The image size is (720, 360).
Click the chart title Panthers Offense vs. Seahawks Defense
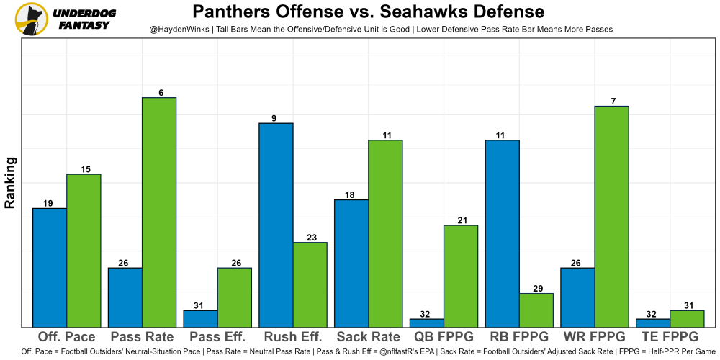pyautogui.click(x=368, y=12)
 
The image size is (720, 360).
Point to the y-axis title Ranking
pyautogui.click(x=10, y=183)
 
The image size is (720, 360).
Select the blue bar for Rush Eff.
pyautogui.click(x=276, y=225)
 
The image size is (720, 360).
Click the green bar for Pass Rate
pyautogui.click(x=159, y=212)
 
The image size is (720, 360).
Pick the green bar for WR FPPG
pyautogui.click(x=612, y=216)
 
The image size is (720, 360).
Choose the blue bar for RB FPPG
pyautogui.click(x=502, y=233)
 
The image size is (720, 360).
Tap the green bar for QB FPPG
pyautogui.click(x=461, y=276)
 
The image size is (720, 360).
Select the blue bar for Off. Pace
pyautogui.click(x=50, y=267)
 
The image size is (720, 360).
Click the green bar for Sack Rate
pyautogui.click(x=385, y=233)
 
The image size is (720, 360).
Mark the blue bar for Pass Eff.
pyautogui.click(x=200, y=318)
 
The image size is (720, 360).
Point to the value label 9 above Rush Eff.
pyautogui.click(x=274, y=118)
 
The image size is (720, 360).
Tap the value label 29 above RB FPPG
pyautogui.click(x=536, y=288)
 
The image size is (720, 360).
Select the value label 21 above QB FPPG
pyautogui.click(x=461, y=220)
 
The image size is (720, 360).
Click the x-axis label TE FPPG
pyautogui.click(x=669, y=337)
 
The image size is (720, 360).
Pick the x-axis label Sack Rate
pyautogui.click(x=368, y=337)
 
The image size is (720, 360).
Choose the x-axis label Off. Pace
pyautogui.click(x=66, y=337)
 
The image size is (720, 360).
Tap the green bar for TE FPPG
pyautogui.click(x=687, y=318)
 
